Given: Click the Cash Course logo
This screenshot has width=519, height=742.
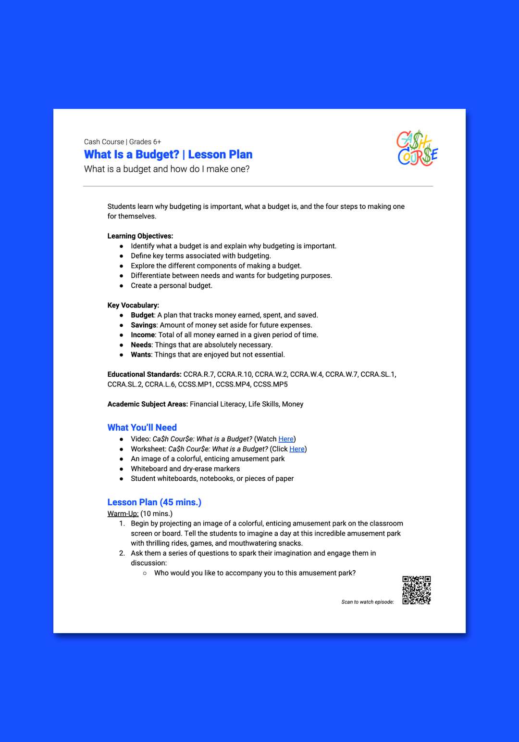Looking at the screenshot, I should pos(417,148).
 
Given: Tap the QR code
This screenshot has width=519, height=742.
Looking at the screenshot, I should pos(416,590).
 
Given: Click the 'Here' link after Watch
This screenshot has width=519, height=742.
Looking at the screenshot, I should pos(286,439).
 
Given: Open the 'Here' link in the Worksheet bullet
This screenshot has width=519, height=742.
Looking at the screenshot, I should pos(297,449).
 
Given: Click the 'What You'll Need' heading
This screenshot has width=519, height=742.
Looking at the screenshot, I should pos(142,427).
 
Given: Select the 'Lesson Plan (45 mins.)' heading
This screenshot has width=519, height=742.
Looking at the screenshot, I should pos(154,502).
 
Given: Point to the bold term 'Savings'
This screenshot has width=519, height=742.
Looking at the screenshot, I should pos(143,325).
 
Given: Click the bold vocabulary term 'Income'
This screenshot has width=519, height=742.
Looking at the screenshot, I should pos(143,335).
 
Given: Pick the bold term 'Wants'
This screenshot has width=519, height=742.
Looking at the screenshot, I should pos(141,355).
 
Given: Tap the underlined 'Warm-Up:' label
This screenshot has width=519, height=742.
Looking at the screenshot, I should pos(123,513).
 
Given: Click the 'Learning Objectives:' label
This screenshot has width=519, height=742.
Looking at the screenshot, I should pos(140,236).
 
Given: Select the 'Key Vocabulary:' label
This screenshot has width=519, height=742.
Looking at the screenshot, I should pos(133,305).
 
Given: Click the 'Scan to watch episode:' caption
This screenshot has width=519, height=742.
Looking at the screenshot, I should pos(368,602).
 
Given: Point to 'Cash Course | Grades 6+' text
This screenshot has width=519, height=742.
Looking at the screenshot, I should pos(123,142).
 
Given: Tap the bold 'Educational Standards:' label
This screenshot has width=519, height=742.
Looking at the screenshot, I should pos(144,374).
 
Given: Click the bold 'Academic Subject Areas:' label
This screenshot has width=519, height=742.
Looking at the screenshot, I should pos(148,404).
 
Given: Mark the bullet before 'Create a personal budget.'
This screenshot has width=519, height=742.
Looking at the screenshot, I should pos(122,286).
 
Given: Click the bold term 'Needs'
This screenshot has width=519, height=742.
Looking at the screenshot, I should pos(141,345).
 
